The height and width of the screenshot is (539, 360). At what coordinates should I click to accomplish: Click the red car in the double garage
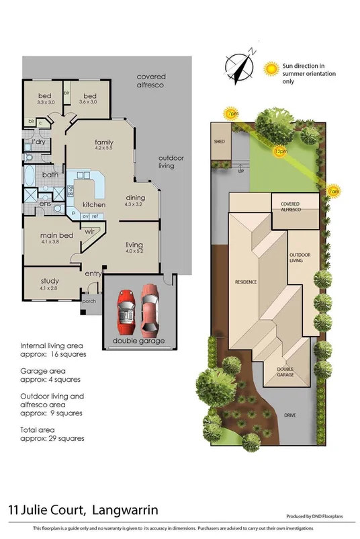(151, 312)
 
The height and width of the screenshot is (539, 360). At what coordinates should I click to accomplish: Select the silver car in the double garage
(125, 312)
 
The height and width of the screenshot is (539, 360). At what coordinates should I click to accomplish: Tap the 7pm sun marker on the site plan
(232, 114)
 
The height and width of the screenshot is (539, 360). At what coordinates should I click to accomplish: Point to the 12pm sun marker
(280, 152)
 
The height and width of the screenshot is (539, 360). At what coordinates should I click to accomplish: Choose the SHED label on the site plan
(219, 142)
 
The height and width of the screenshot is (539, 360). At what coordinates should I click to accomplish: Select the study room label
(50, 281)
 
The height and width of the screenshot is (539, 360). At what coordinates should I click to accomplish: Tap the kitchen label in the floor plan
(93, 204)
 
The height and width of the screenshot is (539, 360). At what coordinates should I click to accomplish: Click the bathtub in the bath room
(30, 176)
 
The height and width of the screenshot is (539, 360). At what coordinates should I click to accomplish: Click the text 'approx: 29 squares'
(52, 438)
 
